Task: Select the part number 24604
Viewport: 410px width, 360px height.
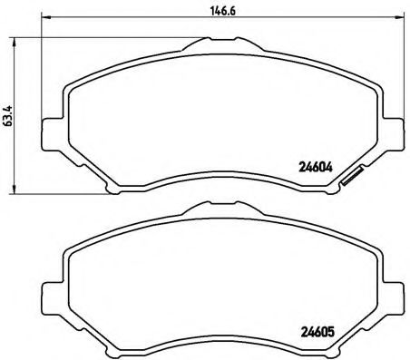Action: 317,166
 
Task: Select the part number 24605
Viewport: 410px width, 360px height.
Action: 317,330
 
